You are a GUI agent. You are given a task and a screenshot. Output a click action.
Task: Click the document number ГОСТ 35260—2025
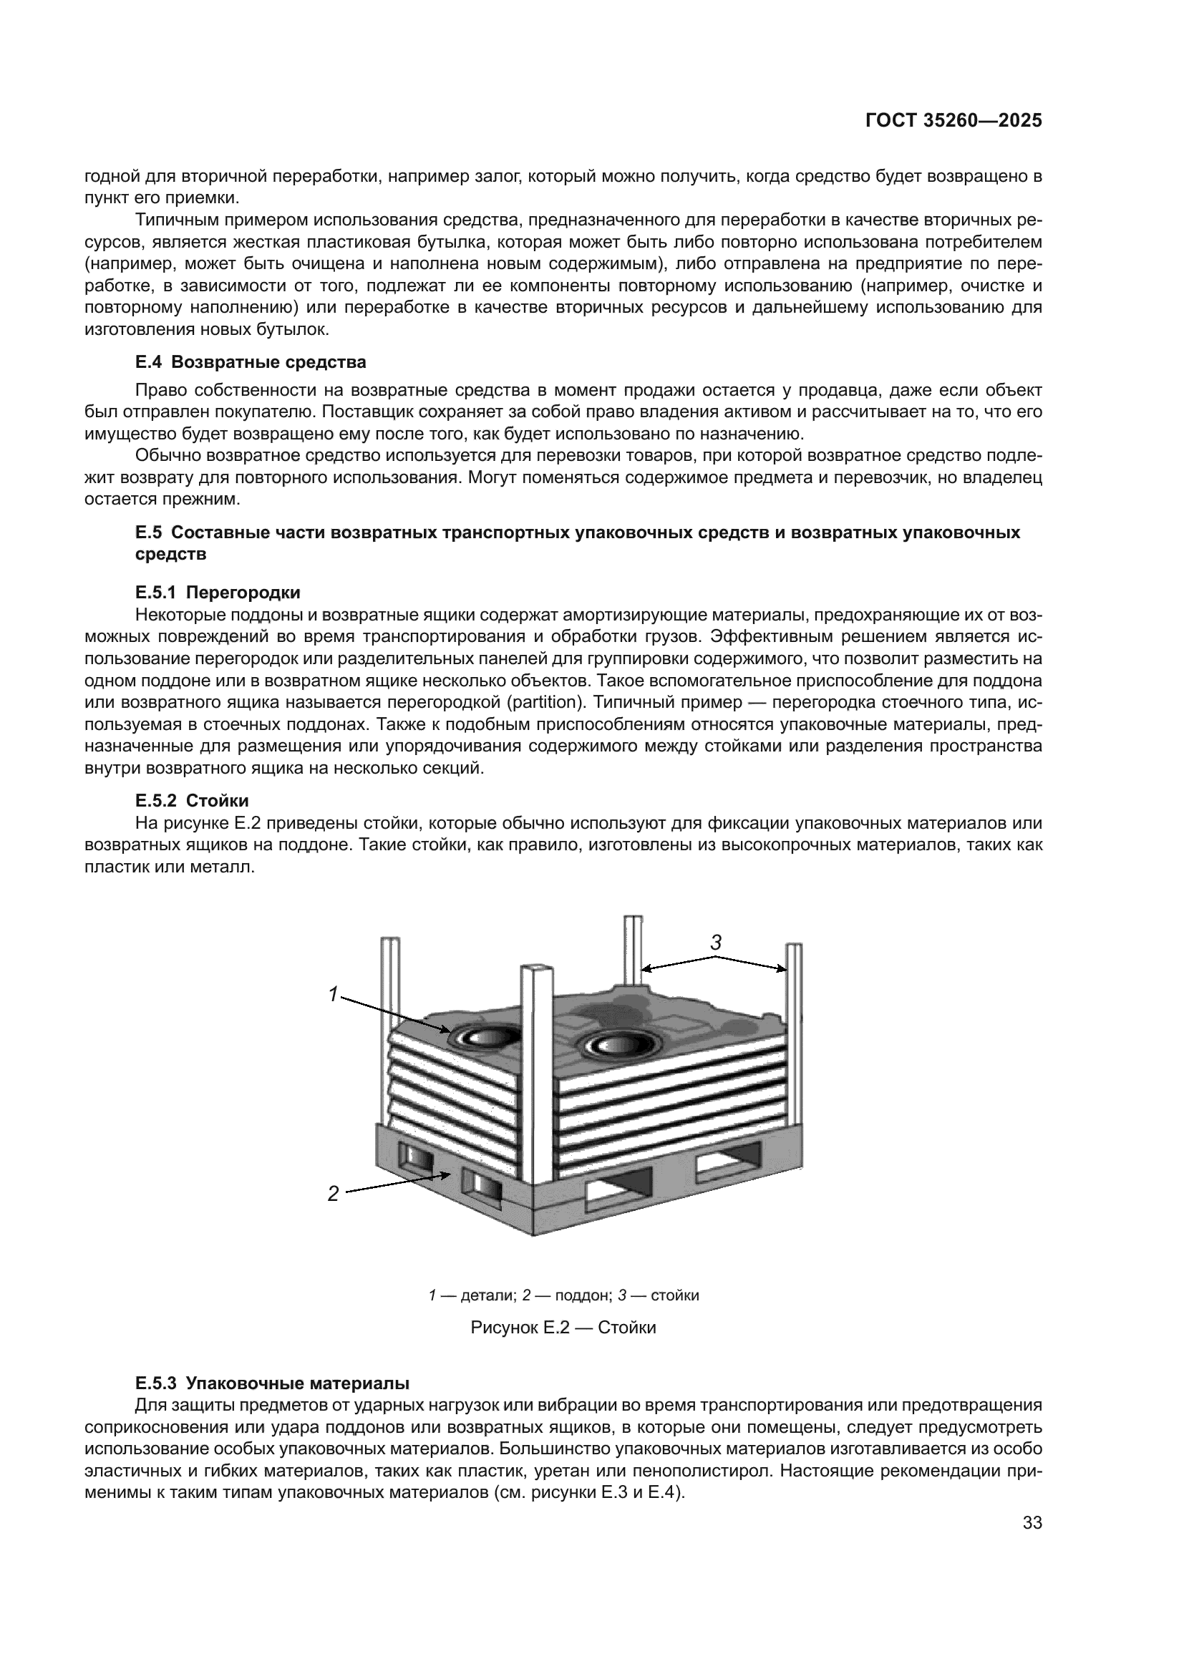pyautogui.click(x=953, y=121)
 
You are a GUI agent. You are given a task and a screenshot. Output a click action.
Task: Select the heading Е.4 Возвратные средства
pyautogui.click(x=251, y=362)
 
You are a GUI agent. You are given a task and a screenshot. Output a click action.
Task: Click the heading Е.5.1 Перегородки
pyautogui.click(x=218, y=592)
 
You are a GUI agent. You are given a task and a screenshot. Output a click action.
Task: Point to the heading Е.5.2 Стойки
pyautogui.click(x=192, y=801)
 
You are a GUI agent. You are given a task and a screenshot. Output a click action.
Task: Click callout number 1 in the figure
pyautogui.click(x=333, y=994)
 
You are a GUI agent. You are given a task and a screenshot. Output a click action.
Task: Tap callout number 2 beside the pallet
pyautogui.click(x=333, y=1194)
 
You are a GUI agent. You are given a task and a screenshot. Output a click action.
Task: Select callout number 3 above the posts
pyautogui.click(x=716, y=943)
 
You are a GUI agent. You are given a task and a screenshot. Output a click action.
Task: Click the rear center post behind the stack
pyautogui.click(x=633, y=948)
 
